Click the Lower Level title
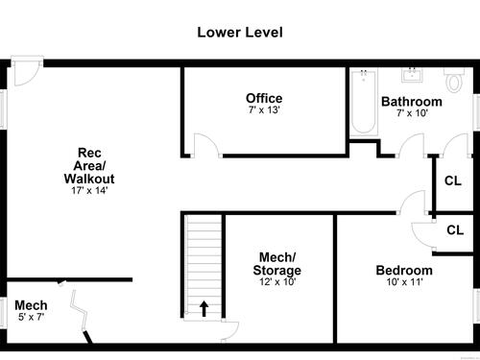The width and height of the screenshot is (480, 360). click(x=240, y=33)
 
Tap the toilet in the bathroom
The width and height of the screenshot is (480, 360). click(x=454, y=80)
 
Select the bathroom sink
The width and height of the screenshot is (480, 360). click(x=412, y=75)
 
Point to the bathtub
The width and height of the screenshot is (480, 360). click(x=364, y=103)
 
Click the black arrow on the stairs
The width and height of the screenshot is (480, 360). click(x=204, y=308)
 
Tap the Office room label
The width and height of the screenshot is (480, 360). click(x=264, y=98)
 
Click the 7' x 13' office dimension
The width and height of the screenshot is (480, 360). click(x=264, y=109)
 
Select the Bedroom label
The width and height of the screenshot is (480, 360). click(x=404, y=271)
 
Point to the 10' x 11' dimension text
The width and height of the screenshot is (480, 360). click(x=404, y=282)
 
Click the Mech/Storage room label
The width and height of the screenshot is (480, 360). click(x=277, y=264)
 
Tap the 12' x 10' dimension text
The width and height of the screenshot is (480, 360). click(x=277, y=281)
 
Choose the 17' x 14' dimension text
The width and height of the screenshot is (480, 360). click(x=89, y=190)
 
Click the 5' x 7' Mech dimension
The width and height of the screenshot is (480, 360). click(x=31, y=317)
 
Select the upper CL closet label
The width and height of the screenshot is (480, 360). click(x=453, y=181)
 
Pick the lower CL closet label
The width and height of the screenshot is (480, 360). click(x=455, y=230)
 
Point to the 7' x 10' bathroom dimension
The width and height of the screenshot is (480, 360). click(x=412, y=113)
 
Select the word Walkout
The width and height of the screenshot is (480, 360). click(x=89, y=179)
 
